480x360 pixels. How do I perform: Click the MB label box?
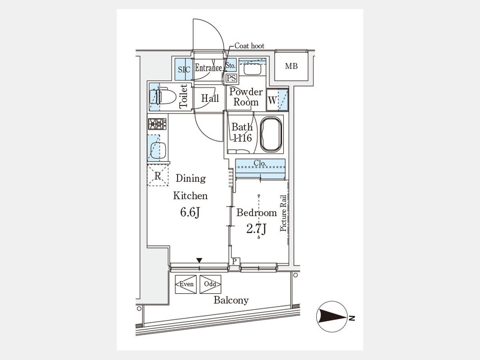tap(291, 67)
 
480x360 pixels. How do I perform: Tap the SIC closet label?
tap(183, 69)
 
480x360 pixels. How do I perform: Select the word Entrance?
tap(208, 68)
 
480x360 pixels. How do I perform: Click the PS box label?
tap(231, 78)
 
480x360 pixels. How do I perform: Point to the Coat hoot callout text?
tap(249, 46)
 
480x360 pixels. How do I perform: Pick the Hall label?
tap(210, 98)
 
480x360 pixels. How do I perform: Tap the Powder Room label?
tap(246, 97)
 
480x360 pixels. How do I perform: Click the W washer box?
tap(273, 99)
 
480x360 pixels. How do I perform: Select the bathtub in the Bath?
tap(271, 134)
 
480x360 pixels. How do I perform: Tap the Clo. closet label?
tap(260, 163)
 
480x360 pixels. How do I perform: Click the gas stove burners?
tap(157, 124)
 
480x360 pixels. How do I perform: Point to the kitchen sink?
tap(156, 150)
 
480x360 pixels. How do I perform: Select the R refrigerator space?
tap(158, 177)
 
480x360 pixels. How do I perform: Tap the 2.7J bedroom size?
tap(255, 229)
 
